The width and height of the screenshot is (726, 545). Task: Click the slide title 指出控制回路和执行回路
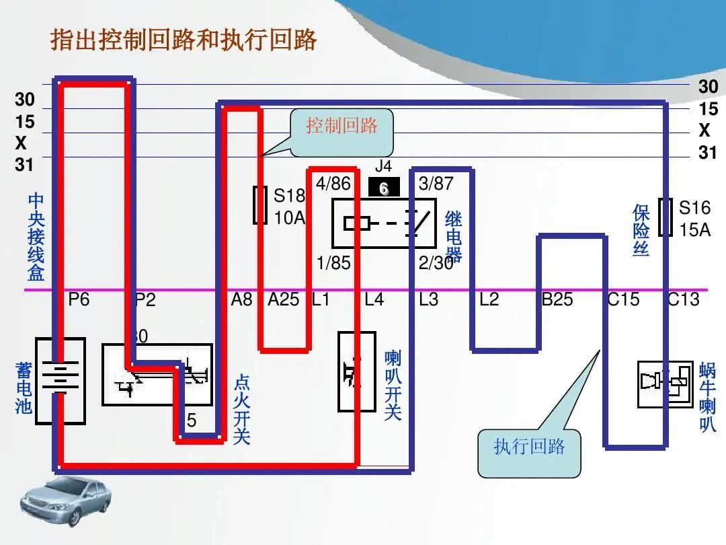click(x=184, y=41)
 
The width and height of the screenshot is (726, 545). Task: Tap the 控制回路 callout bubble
click(x=341, y=126)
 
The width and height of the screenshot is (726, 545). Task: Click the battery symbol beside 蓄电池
click(x=61, y=380)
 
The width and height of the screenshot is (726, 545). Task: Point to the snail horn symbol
click(x=665, y=384)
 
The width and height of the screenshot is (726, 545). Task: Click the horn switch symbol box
click(x=356, y=371)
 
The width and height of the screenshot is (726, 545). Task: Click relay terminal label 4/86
click(x=333, y=184)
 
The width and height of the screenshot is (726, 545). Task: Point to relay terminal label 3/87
click(x=436, y=184)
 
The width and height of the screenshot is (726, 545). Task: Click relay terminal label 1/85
click(x=333, y=263)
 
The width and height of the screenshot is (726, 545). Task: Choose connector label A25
click(x=283, y=299)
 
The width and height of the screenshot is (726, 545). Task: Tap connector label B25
click(x=557, y=299)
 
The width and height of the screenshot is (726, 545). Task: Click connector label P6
click(x=79, y=299)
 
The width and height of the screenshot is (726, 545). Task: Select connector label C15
click(x=623, y=299)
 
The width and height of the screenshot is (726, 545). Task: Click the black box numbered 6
click(x=384, y=188)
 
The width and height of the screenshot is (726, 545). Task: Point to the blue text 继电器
click(x=454, y=235)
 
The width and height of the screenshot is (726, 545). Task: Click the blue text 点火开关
click(x=242, y=410)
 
